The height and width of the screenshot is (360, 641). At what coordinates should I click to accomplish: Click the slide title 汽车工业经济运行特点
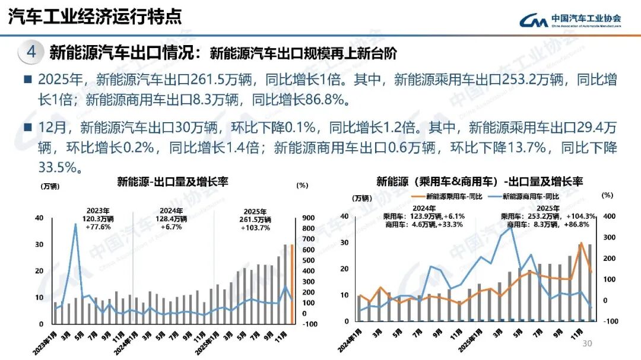[x=95, y=17]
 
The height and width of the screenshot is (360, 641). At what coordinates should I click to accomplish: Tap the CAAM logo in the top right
[x=570, y=20]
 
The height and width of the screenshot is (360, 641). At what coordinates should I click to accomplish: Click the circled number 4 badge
[x=31, y=52]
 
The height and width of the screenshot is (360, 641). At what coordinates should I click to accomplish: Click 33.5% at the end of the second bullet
[x=59, y=168]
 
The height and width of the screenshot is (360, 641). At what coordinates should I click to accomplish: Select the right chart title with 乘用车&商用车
[x=480, y=181]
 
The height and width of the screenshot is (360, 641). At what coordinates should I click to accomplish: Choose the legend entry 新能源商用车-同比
[x=526, y=196]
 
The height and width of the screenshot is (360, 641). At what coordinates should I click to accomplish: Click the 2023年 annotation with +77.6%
[x=99, y=219]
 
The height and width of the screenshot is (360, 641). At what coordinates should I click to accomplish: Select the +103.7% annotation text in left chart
[x=256, y=227]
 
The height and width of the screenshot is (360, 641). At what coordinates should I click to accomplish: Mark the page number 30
[x=588, y=345]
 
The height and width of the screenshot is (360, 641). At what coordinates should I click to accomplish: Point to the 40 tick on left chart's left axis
[x=39, y=218]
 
